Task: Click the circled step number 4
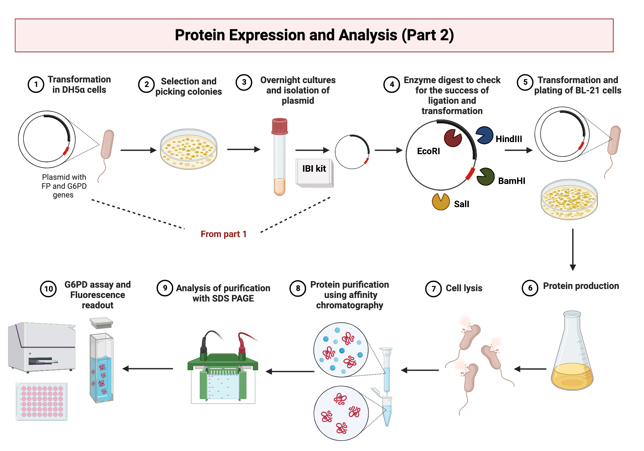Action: (392, 85)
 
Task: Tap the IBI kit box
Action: (314, 172)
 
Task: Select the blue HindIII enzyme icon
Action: (484, 135)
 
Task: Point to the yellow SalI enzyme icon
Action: (440, 202)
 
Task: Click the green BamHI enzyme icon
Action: (485, 177)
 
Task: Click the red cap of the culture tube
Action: (279, 126)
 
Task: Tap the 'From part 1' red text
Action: (223, 234)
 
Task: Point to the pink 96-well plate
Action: (42, 401)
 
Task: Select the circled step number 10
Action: (48, 289)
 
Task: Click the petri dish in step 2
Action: (189, 149)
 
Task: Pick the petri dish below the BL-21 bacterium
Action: (569, 199)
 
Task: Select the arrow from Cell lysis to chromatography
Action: (420, 370)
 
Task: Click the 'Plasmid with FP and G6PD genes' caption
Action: (64, 186)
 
